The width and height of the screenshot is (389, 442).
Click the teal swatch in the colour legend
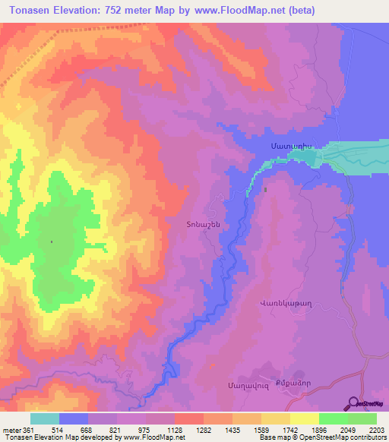[x=45, y=418]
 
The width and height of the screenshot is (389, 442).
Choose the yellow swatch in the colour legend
[x=304, y=418]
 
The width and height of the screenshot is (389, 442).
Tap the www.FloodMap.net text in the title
[x=240, y=11]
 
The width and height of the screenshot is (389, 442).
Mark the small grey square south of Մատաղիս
[x=266, y=190]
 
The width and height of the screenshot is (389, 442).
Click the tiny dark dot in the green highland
[x=52, y=242]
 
